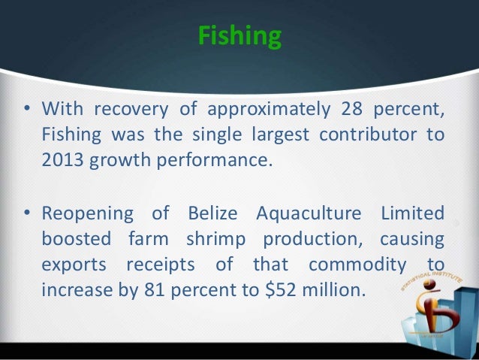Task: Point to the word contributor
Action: (x=364, y=135)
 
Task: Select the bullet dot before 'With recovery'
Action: (x=26, y=110)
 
